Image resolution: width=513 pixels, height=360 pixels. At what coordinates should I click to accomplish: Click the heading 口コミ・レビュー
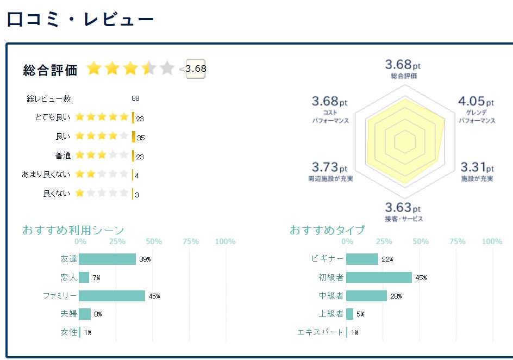tap(80, 20)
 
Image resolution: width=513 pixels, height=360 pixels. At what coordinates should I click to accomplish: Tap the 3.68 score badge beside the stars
tap(196, 69)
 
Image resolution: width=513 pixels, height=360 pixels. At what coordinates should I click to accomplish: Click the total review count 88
tap(135, 98)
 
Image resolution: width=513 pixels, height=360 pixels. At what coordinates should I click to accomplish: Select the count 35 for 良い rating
tap(140, 138)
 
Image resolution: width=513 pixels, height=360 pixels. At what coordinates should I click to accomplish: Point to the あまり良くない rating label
tap(46, 175)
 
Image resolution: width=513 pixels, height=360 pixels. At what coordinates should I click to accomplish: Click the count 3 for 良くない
tap(137, 194)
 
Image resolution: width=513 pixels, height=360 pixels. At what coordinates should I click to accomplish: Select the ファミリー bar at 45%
tap(112, 296)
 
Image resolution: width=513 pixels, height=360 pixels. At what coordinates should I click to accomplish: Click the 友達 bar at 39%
tap(108, 259)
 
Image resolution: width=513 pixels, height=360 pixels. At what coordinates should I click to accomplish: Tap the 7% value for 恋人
tap(96, 278)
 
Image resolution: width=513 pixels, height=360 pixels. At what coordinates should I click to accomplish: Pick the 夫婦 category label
tap(68, 314)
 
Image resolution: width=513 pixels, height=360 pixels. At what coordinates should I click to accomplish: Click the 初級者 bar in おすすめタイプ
tap(379, 277)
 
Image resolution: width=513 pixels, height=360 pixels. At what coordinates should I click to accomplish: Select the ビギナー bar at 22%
tap(362, 259)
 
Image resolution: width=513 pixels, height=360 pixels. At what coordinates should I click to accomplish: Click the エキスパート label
tap(320, 332)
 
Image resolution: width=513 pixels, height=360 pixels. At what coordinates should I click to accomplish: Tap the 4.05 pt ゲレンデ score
tap(476, 101)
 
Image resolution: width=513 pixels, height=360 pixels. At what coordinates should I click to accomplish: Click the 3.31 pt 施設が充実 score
tap(477, 167)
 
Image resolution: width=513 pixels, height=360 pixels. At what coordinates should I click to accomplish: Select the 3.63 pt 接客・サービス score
tap(403, 207)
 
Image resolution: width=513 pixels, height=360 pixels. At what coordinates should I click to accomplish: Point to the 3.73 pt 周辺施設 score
tap(329, 167)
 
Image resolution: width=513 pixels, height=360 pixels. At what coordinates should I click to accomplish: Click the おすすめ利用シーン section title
tap(73, 230)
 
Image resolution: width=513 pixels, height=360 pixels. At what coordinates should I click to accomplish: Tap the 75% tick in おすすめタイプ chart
tap(457, 241)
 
